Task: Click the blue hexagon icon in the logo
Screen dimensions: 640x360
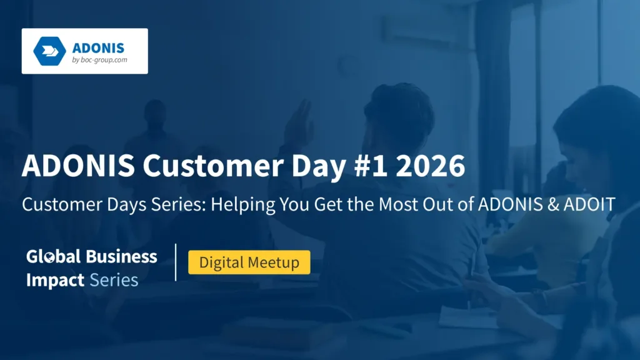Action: [49, 51]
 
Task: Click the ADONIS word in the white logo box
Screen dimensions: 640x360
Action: [98, 48]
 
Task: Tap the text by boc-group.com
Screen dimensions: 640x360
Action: [99, 60]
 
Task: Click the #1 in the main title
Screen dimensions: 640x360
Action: [371, 166]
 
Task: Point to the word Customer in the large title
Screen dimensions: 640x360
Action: [212, 166]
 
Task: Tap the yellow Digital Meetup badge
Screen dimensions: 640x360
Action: [249, 262]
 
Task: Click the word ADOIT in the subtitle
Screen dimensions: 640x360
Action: [589, 204]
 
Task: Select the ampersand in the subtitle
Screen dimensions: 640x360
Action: [553, 204]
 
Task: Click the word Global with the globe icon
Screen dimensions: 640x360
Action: [53, 257]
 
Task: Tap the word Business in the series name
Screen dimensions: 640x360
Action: [122, 257]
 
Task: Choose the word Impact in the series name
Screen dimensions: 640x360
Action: [55, 281]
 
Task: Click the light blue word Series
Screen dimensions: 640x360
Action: [114, 280]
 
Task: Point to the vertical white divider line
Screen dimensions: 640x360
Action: [176, 262]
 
